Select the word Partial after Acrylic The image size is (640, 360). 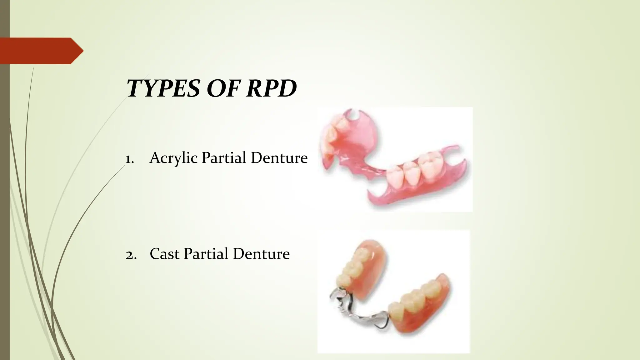click(x=224, y=158)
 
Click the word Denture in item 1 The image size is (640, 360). click(x=279, y=158)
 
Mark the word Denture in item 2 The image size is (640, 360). click(x=261, y=253)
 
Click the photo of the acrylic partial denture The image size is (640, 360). click(x=395, y=159)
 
